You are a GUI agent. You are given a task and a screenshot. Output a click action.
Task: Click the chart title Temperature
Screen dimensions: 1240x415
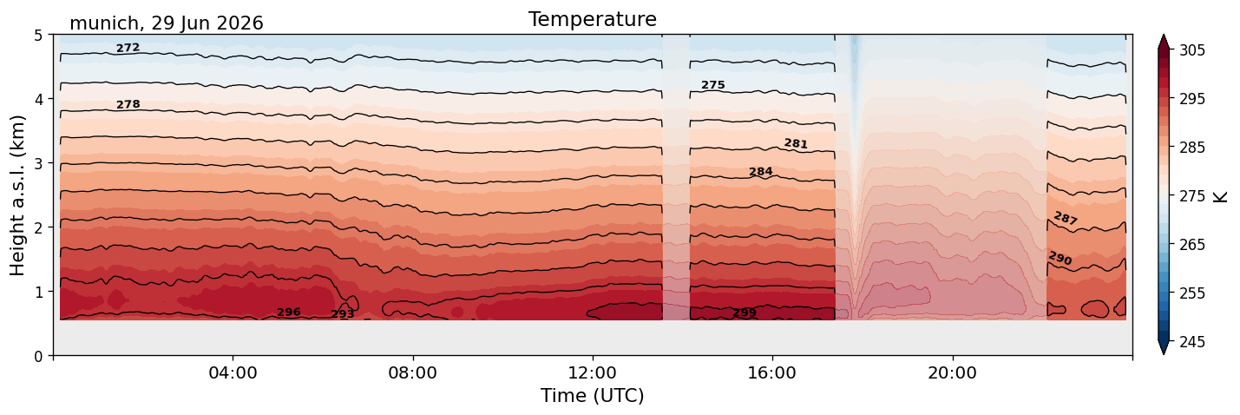pyautogui.click(x=593, y=19)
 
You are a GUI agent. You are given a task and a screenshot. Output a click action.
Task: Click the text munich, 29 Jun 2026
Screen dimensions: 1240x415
pyautogui.click(x=167, y=23)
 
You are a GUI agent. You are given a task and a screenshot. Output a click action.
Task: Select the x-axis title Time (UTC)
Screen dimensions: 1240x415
pyautogui.click(x=593, y=396)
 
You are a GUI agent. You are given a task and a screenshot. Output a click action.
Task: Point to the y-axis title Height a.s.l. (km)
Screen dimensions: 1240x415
pyautogui.click(x=17, y=195)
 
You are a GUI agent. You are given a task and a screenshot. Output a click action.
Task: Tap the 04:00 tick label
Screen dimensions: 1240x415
pyautogui.click(x=233, y=372)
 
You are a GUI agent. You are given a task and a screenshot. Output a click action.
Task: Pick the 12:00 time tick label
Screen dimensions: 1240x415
pyautogui.click(x=593, y=372)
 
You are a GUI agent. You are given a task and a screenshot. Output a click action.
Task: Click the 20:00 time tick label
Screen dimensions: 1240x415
pyautogui.click(x=952, y=372)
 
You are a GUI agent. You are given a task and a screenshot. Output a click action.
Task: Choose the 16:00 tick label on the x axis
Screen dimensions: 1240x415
pyautogui.click(x=772, y=372)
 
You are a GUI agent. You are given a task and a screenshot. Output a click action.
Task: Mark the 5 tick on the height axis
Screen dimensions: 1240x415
pyautogui.click(x=38, y=36)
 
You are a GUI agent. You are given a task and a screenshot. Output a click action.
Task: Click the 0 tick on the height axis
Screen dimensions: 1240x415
pyautogui.click(x=38, y=356)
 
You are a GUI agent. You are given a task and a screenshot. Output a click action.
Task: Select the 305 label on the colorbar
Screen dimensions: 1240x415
pyautogui.click(x=1191, y=50)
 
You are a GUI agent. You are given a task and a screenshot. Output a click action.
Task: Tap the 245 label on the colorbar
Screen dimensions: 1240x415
pyautogui.click(x=1191, y=342)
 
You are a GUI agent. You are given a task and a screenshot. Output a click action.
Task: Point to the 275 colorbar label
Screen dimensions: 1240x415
pyautogui.click(x=1191, y=196)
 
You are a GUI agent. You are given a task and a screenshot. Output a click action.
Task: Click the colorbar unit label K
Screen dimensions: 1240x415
pyautogui.click(x=1219, y=197)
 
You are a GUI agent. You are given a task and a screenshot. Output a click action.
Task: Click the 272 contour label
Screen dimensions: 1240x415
pyautogui.click(x=128, y=49)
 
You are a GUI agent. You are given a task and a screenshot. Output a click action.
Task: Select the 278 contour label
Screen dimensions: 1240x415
pyautogui.click(x=128, y=104)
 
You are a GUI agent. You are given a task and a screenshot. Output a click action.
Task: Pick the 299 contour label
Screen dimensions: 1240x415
pyautogui.click(x=745, y=313)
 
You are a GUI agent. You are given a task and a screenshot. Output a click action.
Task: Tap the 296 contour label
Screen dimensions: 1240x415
pyautogui.click(x=288, y=313)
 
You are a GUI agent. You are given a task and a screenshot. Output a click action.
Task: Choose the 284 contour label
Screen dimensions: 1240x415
pyautogui.click(x=761, y=172)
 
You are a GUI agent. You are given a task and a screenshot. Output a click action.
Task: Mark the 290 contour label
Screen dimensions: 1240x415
pyautogui.click(x=1060, y=258)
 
